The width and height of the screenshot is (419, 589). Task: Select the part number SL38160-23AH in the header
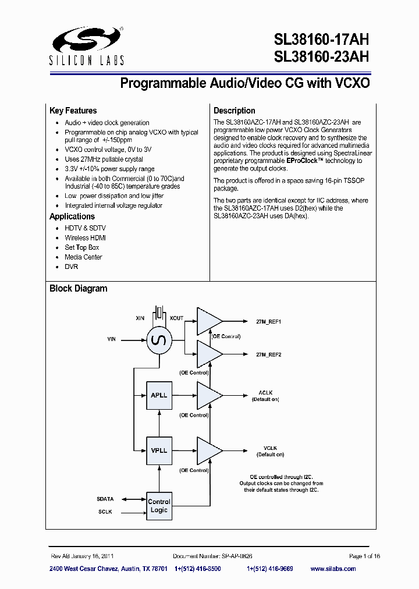[321, 57]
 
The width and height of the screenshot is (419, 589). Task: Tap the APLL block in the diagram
[159, 395]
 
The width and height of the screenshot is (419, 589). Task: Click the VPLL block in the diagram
[159, 450]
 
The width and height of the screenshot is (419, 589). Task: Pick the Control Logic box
[159, 505]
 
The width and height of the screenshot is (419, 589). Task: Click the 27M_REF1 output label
[269, 322]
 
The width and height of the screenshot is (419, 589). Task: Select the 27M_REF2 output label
[269, 354]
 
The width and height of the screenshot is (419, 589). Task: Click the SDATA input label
[105, 499]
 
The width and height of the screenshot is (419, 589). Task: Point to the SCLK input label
[105, 512]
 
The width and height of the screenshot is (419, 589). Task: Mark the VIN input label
[112, 338]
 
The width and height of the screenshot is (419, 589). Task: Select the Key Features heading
[73, 111]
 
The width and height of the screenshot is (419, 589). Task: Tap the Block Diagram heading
[78, 289]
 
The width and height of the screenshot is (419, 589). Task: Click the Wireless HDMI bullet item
[85, 238]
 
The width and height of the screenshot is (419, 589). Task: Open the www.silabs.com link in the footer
[345, 569]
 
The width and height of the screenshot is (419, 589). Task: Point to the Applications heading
[72, 217]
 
